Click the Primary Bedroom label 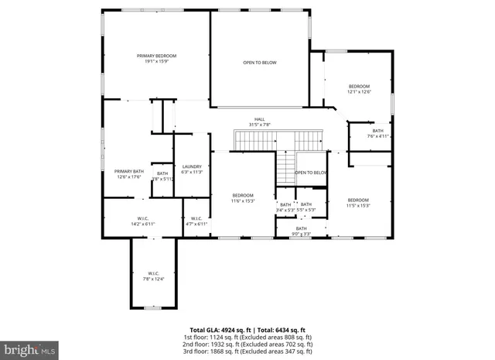tap(157, 59)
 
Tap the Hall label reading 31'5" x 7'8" tap(259, 122)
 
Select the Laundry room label tap(192, 169)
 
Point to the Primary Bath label tap(129, 173)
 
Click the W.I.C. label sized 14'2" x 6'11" tap(142, 221)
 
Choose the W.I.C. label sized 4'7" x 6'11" tap(196, 221)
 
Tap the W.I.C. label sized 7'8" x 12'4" tap(153, 276)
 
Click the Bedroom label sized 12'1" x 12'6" tap(359, 88)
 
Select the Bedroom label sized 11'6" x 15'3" tap(242, 197)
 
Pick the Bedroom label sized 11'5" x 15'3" tap(358, 203)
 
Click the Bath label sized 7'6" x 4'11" tap(377, 133)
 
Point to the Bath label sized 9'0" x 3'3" tap(301, 231)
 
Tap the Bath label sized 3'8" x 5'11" tap(162, 176)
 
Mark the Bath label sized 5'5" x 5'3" tap(306, 207)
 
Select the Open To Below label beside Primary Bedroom tap(259, 63)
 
